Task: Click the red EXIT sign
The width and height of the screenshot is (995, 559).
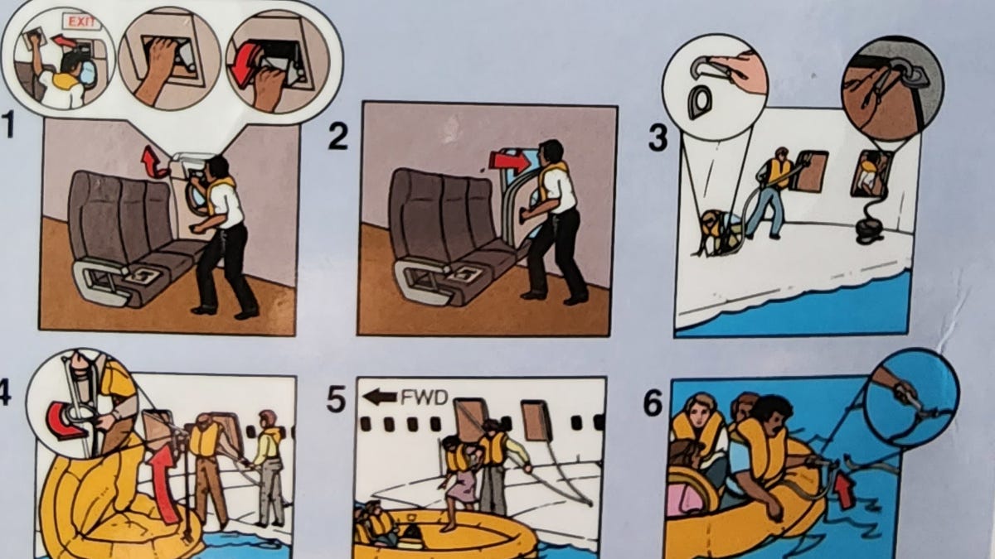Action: coord(82,22)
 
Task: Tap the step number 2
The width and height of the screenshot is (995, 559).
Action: coord(338,135)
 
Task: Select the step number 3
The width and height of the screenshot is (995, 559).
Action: coord(658,137)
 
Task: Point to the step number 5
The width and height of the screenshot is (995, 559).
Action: coord(337,399)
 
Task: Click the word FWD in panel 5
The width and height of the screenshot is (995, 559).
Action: coord(424,398)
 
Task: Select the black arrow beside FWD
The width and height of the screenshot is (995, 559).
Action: coord(380,397)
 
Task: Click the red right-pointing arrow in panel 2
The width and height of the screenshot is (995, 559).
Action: coord(509,161)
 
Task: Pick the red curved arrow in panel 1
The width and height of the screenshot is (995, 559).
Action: coord(153,163)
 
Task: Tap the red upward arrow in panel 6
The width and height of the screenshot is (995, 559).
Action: coord(844,488)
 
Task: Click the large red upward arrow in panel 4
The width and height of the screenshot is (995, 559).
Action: coord(163,484)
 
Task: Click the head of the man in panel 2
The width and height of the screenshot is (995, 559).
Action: coord(551,152)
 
